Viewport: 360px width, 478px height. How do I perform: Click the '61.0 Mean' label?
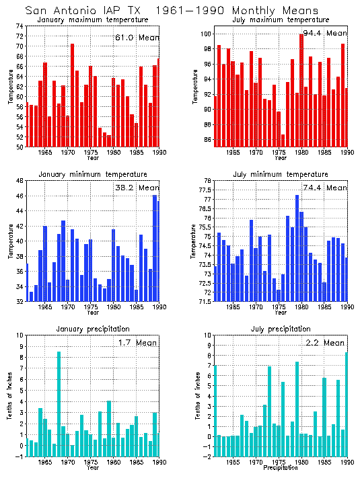click(x=136, y=38)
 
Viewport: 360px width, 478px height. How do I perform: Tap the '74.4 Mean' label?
click(x=326, y=188)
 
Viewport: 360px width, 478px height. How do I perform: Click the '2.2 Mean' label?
click(x=325, y=342)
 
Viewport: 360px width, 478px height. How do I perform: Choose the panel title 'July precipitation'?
click(x=281, y=329)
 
